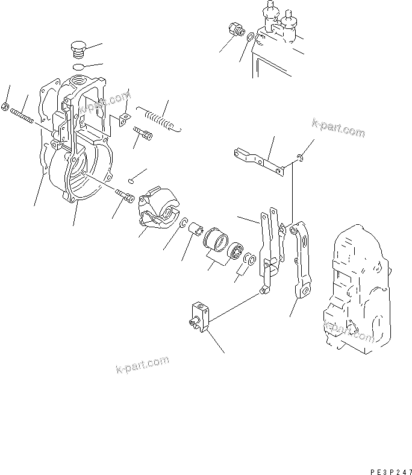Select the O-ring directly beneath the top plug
[x=77, y=66]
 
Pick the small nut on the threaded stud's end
[x=5, y=108]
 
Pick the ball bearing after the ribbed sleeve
[x=235, y=250]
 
